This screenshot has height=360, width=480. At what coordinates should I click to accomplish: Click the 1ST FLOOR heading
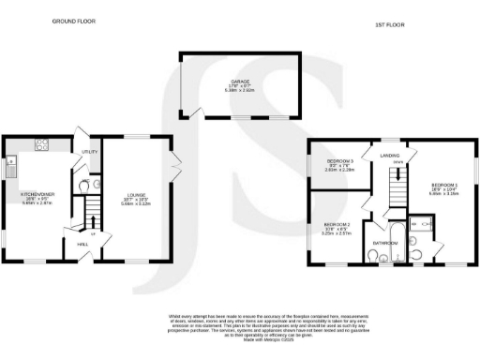point(389,22)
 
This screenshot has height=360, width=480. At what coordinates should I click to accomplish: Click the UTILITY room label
point(89,151)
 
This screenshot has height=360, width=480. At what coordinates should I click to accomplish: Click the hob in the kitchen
point(42,144)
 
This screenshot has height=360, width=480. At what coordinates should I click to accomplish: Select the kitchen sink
point(11,170)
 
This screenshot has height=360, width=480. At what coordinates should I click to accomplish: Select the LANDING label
point(390,155)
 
